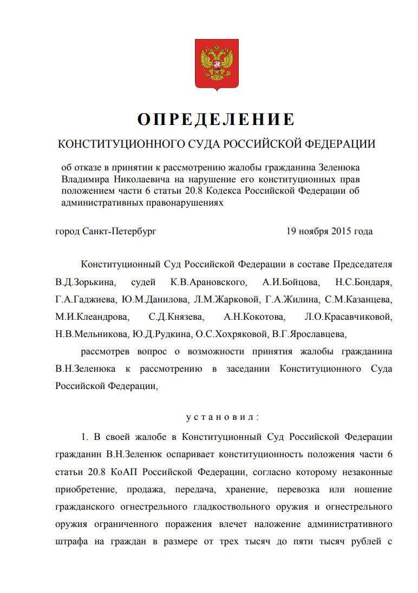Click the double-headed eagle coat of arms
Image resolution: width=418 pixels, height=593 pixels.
[216, 64]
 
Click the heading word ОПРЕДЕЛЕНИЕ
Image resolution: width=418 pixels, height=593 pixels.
[216, 119]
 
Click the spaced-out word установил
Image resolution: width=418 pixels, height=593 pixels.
[223, 417]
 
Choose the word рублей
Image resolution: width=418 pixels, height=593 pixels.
[362, 543]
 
